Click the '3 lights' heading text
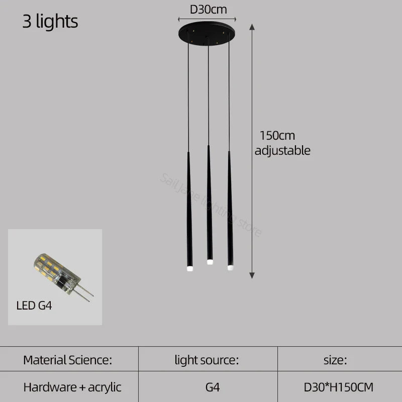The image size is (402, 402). tap(50, 22)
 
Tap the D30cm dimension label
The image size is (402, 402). tap(208, 9)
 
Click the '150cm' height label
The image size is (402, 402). tap(277, 136)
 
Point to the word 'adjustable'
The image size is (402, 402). tap(282, 150)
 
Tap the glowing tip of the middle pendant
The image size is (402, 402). tap(209, 262)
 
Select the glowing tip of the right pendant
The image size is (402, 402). tap(230, 267)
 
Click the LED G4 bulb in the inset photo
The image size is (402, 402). tap(55, 271)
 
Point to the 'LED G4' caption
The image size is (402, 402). tap(34, 306)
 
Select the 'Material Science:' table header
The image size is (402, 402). tap(67, 360)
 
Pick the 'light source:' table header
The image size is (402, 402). tap(207, 360)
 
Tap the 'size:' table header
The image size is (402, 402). tap(335, 360)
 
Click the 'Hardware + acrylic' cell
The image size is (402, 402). tap(72, 387)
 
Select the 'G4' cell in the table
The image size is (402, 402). tap(213, 387)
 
